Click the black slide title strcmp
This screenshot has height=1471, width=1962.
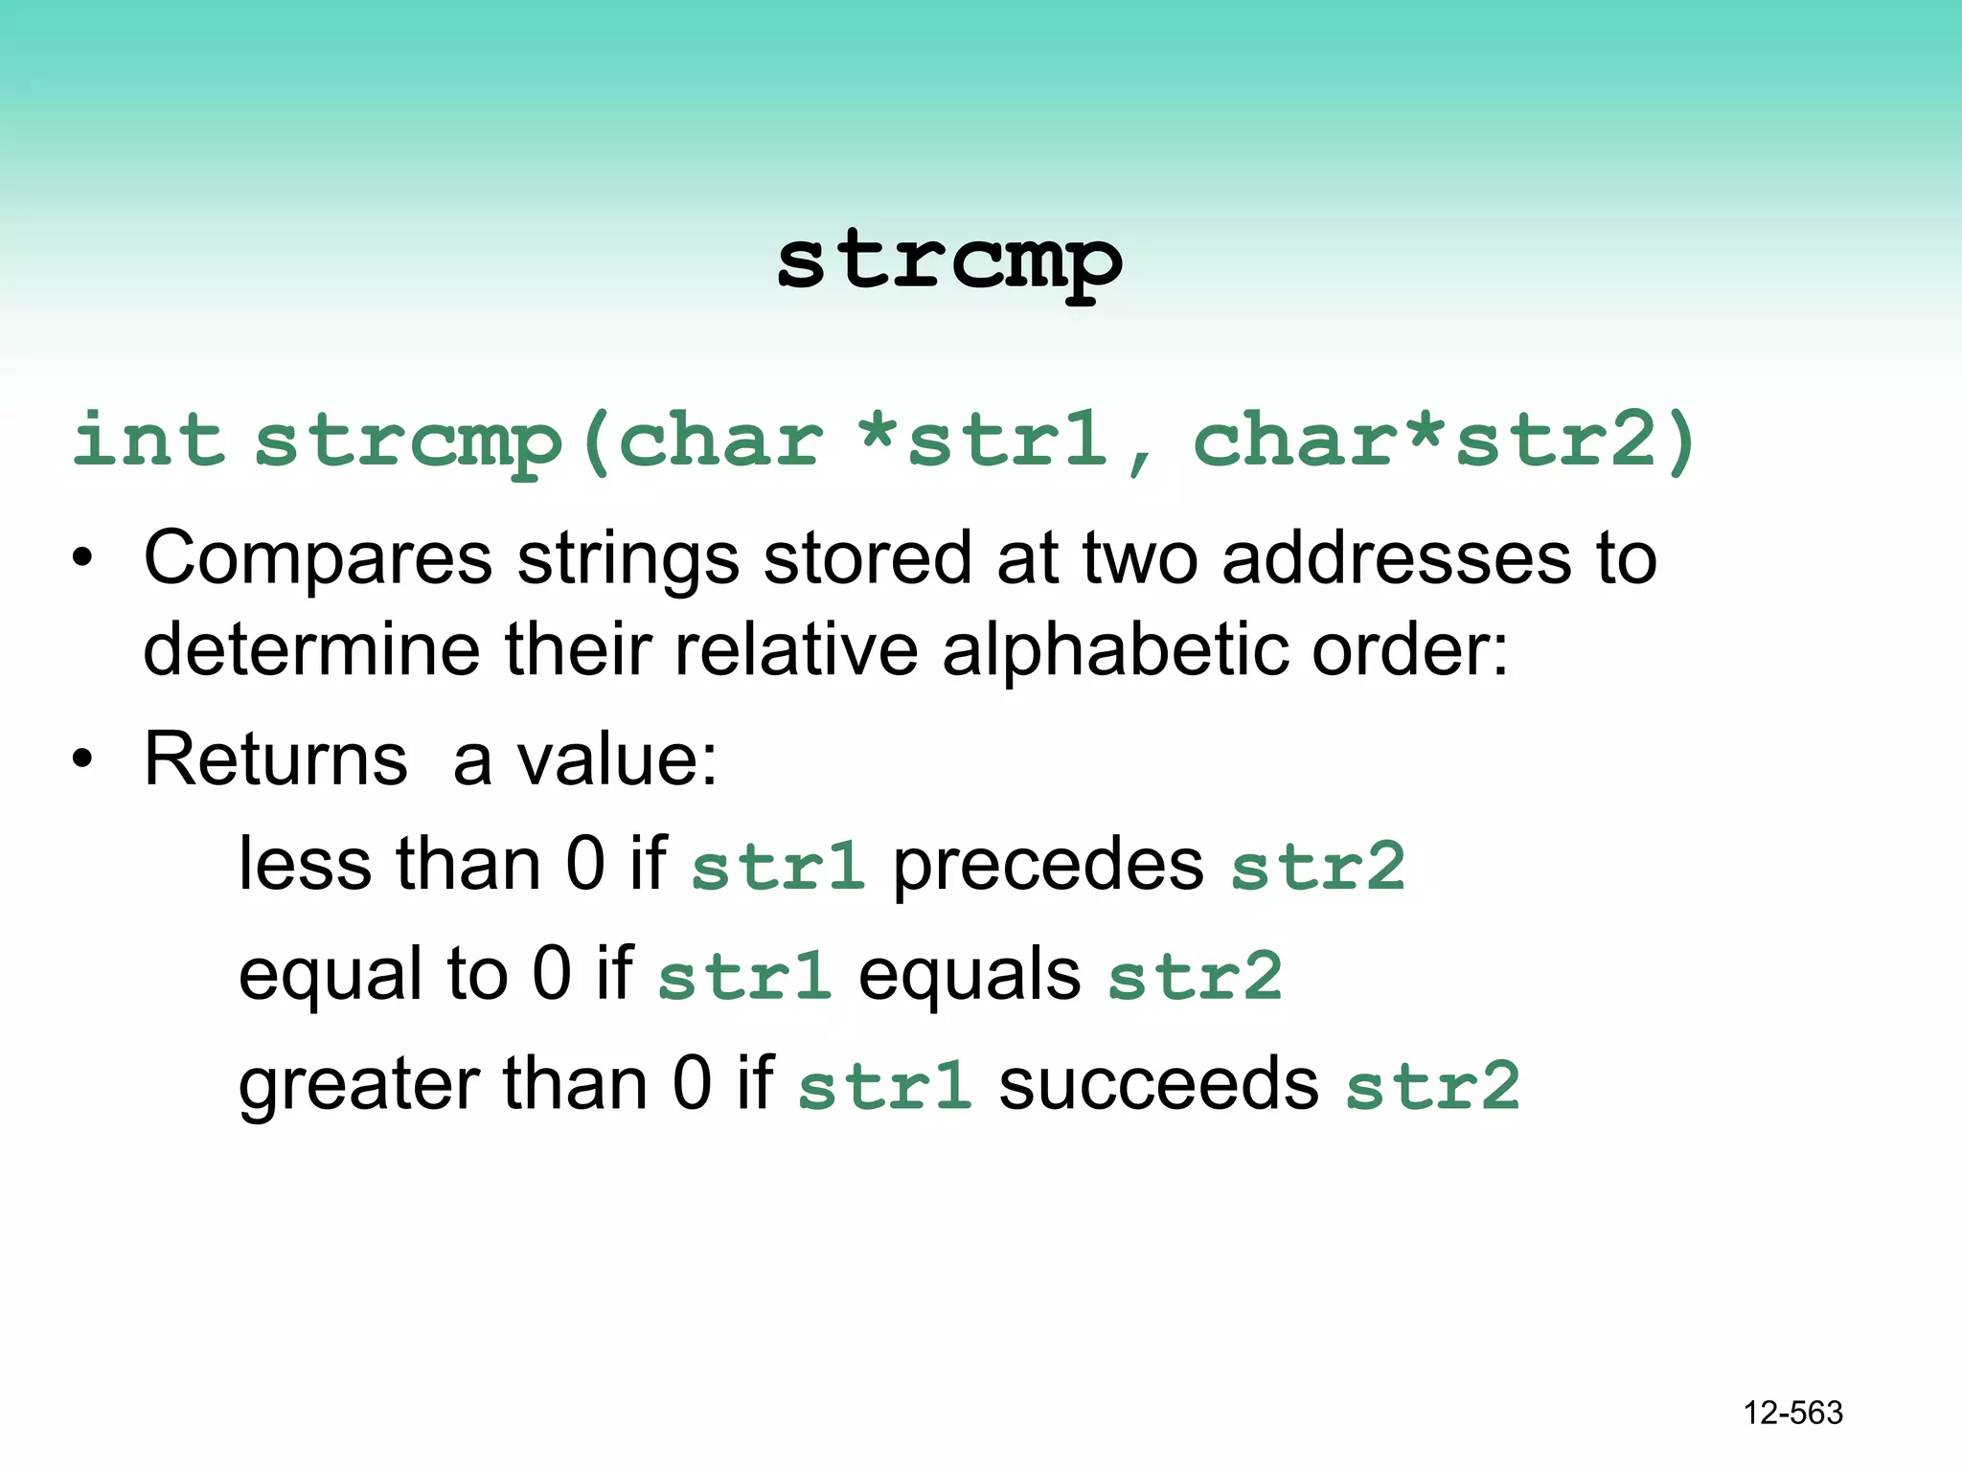[x=948, y=263]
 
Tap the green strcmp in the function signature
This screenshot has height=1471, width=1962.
[x=407, y=442]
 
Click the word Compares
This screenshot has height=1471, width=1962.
[x=317, y=559]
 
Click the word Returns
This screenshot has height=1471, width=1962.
[x=276, y=759]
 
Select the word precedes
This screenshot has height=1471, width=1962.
[x=1048, y=866]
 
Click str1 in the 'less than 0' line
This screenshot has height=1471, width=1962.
[x=778, y=867]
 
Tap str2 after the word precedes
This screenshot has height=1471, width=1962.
[x=1317, y=867]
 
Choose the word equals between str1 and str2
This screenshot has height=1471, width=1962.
[x=970, y=976]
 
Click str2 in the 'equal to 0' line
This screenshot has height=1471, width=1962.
[x=1195, y=977]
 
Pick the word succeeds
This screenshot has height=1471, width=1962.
[x=1158, y=1085]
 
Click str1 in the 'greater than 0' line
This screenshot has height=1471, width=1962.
[x=884, y=1086]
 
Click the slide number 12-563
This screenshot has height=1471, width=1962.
[x=1792, y=1413]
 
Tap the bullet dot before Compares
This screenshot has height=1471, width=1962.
[x=83, y=559]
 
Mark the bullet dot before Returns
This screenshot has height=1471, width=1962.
[x=83, y=759]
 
